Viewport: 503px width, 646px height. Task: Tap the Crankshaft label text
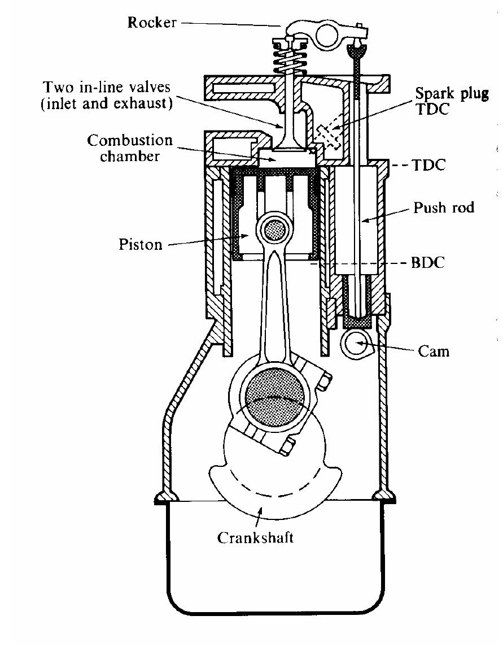coord(255,537)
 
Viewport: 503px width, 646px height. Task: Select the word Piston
coord(141,244)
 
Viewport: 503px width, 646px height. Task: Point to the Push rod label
coord(444,207)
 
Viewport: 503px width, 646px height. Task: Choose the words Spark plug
coord(452,93)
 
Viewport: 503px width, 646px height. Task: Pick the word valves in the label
coord(146,88)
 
